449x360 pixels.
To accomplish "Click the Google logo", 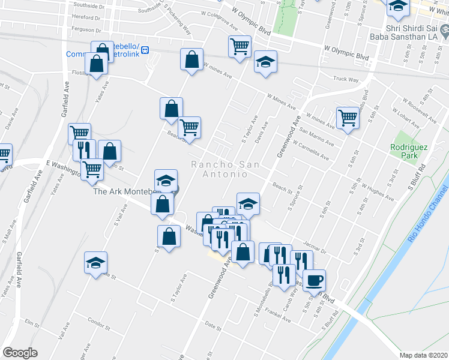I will tap(20, 353).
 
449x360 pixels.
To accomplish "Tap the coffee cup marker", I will tap(314, 280).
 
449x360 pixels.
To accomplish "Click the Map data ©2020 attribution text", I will tap(423, 355).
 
